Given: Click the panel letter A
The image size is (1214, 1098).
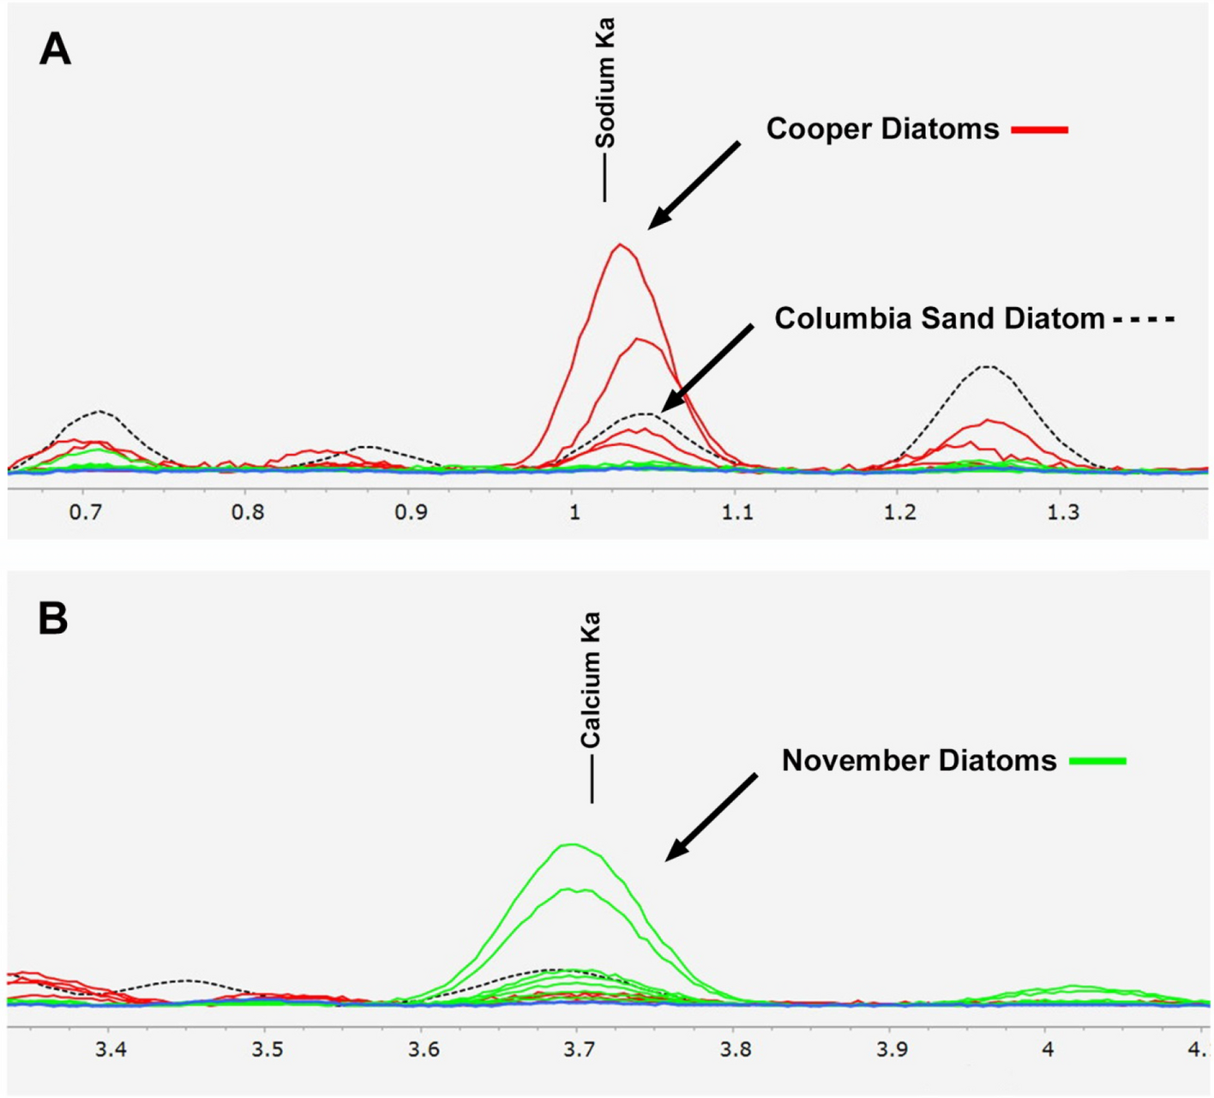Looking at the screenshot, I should (55, 50).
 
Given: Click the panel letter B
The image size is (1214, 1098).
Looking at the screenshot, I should (53, 618).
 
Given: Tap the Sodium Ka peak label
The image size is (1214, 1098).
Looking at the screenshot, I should (605, 83).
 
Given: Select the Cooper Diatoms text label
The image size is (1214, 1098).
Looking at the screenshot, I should (882, 129).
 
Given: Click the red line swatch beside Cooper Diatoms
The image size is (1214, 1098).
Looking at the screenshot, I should (1040, 130).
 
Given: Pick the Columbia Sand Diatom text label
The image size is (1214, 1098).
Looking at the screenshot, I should (939, 318).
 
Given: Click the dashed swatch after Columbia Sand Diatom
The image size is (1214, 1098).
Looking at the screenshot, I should (1144, 320).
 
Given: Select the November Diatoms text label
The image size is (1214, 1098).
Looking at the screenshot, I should (918, 760).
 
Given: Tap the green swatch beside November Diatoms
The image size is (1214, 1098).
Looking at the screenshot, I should (1098, 761).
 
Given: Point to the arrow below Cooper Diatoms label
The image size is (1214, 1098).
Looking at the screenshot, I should (694, 185).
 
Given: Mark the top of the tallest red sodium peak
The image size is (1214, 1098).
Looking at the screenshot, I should (620, 245).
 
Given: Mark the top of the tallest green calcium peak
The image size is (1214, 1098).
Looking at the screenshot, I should (571, 845).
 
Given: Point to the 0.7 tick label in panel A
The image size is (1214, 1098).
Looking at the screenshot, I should (85, 513).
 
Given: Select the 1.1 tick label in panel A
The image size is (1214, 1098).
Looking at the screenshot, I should (737, 513).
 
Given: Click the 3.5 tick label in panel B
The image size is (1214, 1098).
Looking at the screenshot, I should (267, 1050).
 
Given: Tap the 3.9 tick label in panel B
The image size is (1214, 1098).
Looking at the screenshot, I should (892, 1050).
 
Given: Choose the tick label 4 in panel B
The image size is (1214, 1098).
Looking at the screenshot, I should (1048, 1050).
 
